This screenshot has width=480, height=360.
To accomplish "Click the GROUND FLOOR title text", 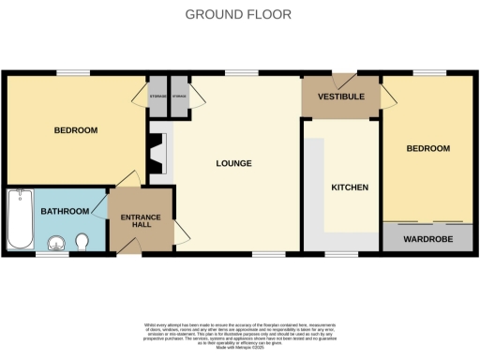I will (x=237, y=14).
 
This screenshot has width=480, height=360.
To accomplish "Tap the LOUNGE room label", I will (x=233, y=164).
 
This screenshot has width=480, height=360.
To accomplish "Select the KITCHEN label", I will (x=350, y=187).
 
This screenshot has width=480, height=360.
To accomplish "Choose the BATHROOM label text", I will (x=64, y=211).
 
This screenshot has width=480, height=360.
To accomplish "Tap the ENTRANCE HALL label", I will (x=141, y=222).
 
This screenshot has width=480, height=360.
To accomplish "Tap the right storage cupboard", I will (x=178, y=96).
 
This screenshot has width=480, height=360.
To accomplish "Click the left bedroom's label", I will (x=75, y=130).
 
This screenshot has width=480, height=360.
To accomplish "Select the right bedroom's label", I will (x=427, y=149).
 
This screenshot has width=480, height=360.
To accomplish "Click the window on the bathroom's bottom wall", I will (x=49, y=254).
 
